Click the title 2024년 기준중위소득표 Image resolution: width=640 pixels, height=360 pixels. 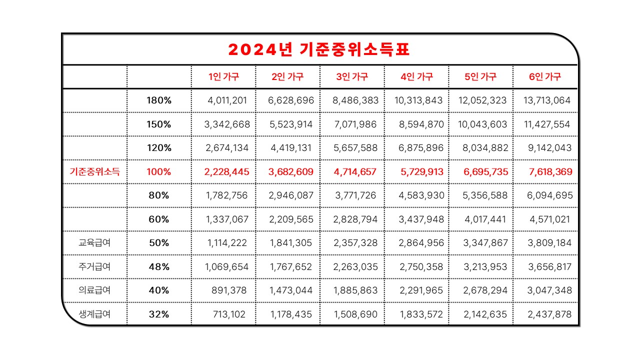319,49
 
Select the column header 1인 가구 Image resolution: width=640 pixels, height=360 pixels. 223,77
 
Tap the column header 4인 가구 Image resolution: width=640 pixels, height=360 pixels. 416,77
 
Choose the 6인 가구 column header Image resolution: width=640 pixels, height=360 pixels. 545,77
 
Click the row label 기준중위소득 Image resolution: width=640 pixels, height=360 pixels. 94,172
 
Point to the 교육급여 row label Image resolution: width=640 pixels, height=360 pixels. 94,243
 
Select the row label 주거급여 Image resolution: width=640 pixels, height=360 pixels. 94,267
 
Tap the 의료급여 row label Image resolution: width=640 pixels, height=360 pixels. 94,290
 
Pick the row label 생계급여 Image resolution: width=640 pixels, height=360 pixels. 94,314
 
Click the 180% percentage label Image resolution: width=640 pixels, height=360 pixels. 159,100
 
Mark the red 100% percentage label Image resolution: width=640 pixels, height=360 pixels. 159,172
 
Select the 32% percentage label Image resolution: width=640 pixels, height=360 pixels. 159,314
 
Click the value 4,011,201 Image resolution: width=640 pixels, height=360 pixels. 227,100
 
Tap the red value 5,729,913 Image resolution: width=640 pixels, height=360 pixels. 422,172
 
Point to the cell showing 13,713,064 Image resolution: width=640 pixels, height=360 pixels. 547,100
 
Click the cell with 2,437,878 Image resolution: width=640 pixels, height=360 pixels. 549,314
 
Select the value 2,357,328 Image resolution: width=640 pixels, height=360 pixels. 355,243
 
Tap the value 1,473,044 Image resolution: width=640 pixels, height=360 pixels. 290,290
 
